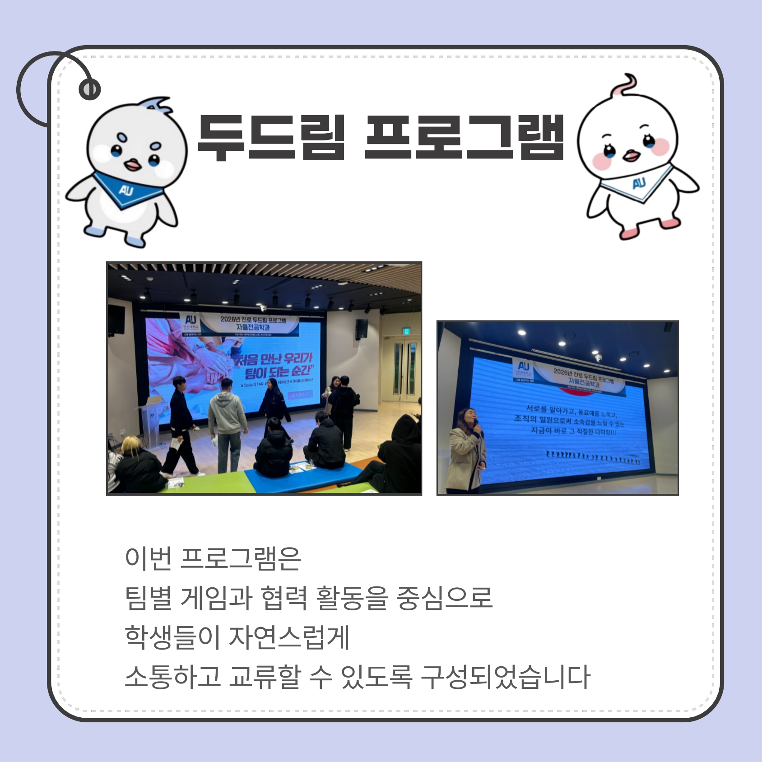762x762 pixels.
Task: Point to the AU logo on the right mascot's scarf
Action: tap(639, 183)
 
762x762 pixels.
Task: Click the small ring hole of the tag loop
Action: tap(89, 89)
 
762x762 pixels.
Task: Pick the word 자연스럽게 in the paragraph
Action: tap(289, 637)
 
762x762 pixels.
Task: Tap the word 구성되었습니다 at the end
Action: tap(505, 677)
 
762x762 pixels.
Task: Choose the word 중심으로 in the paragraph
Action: tap(444, 598)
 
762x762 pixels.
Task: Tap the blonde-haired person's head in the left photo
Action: tap(131, 445)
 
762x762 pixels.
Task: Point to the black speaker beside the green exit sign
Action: tap(361, 329)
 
